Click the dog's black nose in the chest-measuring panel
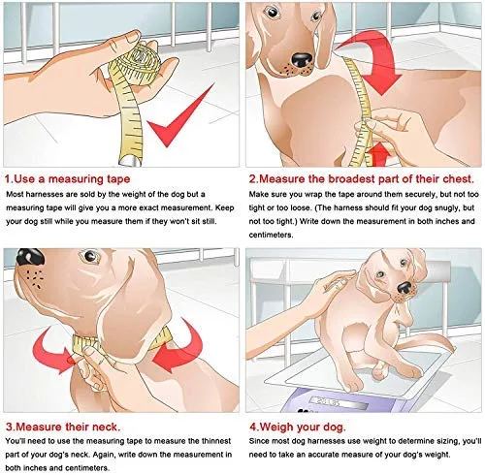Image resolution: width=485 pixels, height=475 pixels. (x=302, y=59)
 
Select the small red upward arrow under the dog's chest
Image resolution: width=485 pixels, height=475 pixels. (x=379, y=154)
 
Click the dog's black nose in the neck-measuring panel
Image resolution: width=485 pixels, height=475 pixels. (x=30, y=257)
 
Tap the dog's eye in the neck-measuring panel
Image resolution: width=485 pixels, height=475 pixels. (x=90, y=256)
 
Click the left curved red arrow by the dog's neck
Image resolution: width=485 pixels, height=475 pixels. (x=53, y=351)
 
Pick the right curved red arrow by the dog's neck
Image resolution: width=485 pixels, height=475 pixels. (x=181, y=347)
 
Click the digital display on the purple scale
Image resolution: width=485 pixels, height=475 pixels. (x=338, y=403)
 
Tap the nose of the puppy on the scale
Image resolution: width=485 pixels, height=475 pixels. (x=404, y=287)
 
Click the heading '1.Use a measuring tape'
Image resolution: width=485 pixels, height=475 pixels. (x=68, y=178)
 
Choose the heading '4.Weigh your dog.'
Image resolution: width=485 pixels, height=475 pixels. (x=297, y=427)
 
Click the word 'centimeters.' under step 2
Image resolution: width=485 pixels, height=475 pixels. (x=271, y=235)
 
